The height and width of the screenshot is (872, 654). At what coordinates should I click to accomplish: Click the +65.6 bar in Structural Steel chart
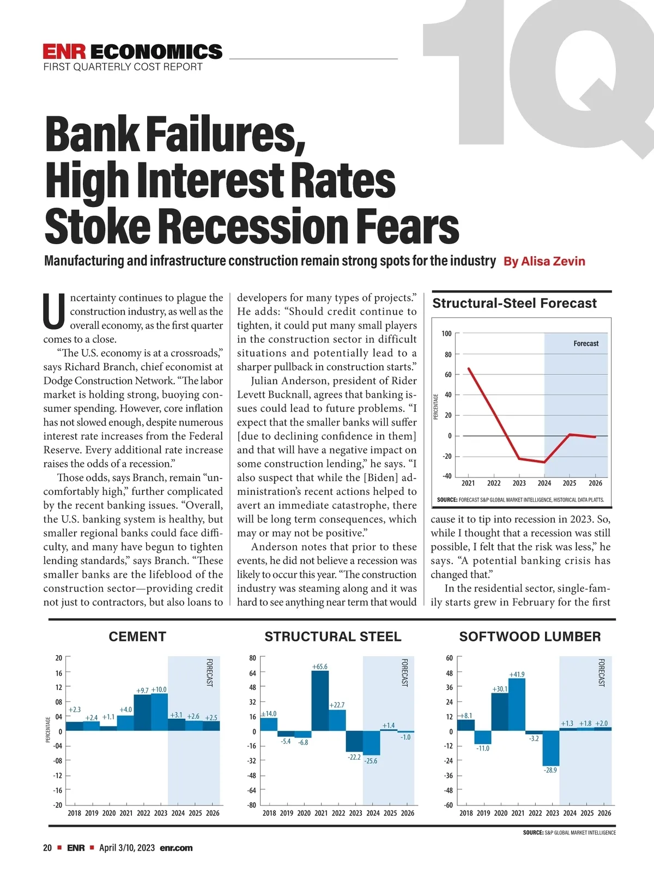click(320, 701)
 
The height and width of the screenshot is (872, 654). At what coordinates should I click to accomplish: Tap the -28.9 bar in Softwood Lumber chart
click(551, 748)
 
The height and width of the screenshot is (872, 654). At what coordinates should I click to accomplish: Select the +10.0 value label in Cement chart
click(159, 689)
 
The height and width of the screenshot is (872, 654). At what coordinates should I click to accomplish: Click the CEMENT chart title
click(137, 637)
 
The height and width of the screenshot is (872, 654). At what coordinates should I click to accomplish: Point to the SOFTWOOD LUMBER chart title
click(530, 637)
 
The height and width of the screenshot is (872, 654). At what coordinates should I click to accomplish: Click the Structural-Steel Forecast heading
click(514, 304)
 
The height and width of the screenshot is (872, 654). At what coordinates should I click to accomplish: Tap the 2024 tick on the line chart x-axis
click(544, 483)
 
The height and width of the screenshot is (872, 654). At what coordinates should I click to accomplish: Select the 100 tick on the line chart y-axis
click(446, 334)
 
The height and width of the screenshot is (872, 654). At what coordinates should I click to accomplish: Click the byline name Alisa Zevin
click(553, 261)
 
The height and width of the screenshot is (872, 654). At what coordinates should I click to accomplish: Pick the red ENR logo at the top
click(64, 52)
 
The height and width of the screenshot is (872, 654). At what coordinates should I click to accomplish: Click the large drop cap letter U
click(55, 312)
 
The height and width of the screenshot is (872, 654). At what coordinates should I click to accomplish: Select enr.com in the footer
click(176, 847)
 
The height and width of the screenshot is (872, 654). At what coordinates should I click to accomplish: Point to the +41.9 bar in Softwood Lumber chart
click(517, 704)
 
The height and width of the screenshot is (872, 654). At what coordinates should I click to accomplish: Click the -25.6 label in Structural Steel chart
click(371, 761)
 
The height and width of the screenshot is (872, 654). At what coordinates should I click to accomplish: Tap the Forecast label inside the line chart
click(586, 343)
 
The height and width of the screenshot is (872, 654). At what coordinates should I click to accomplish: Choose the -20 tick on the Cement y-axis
click(57, 804)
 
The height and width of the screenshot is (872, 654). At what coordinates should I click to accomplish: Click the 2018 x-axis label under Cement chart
click(74, 813)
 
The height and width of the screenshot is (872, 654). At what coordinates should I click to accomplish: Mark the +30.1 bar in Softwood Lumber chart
click(499, 712)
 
